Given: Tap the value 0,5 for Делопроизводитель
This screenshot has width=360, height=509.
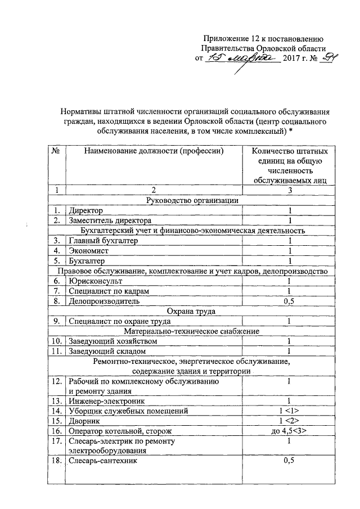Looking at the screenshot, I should [289, 301].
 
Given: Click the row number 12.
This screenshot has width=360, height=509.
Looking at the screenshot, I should [56, 381].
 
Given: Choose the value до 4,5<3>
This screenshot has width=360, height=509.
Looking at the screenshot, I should [289, 431].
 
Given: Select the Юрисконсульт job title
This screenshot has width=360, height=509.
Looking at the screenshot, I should [94, 281].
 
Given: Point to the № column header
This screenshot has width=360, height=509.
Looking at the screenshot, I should [56, 151].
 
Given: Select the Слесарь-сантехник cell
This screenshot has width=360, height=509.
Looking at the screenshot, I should [101, 461].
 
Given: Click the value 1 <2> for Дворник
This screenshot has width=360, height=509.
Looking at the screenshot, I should [289, 421].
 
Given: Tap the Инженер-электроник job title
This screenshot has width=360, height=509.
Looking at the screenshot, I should [106, 401].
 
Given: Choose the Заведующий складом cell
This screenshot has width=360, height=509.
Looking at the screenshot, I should [105, 351].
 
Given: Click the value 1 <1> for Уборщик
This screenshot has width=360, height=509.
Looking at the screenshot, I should [289, 411].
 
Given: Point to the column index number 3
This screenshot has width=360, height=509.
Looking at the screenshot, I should [289, 190].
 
